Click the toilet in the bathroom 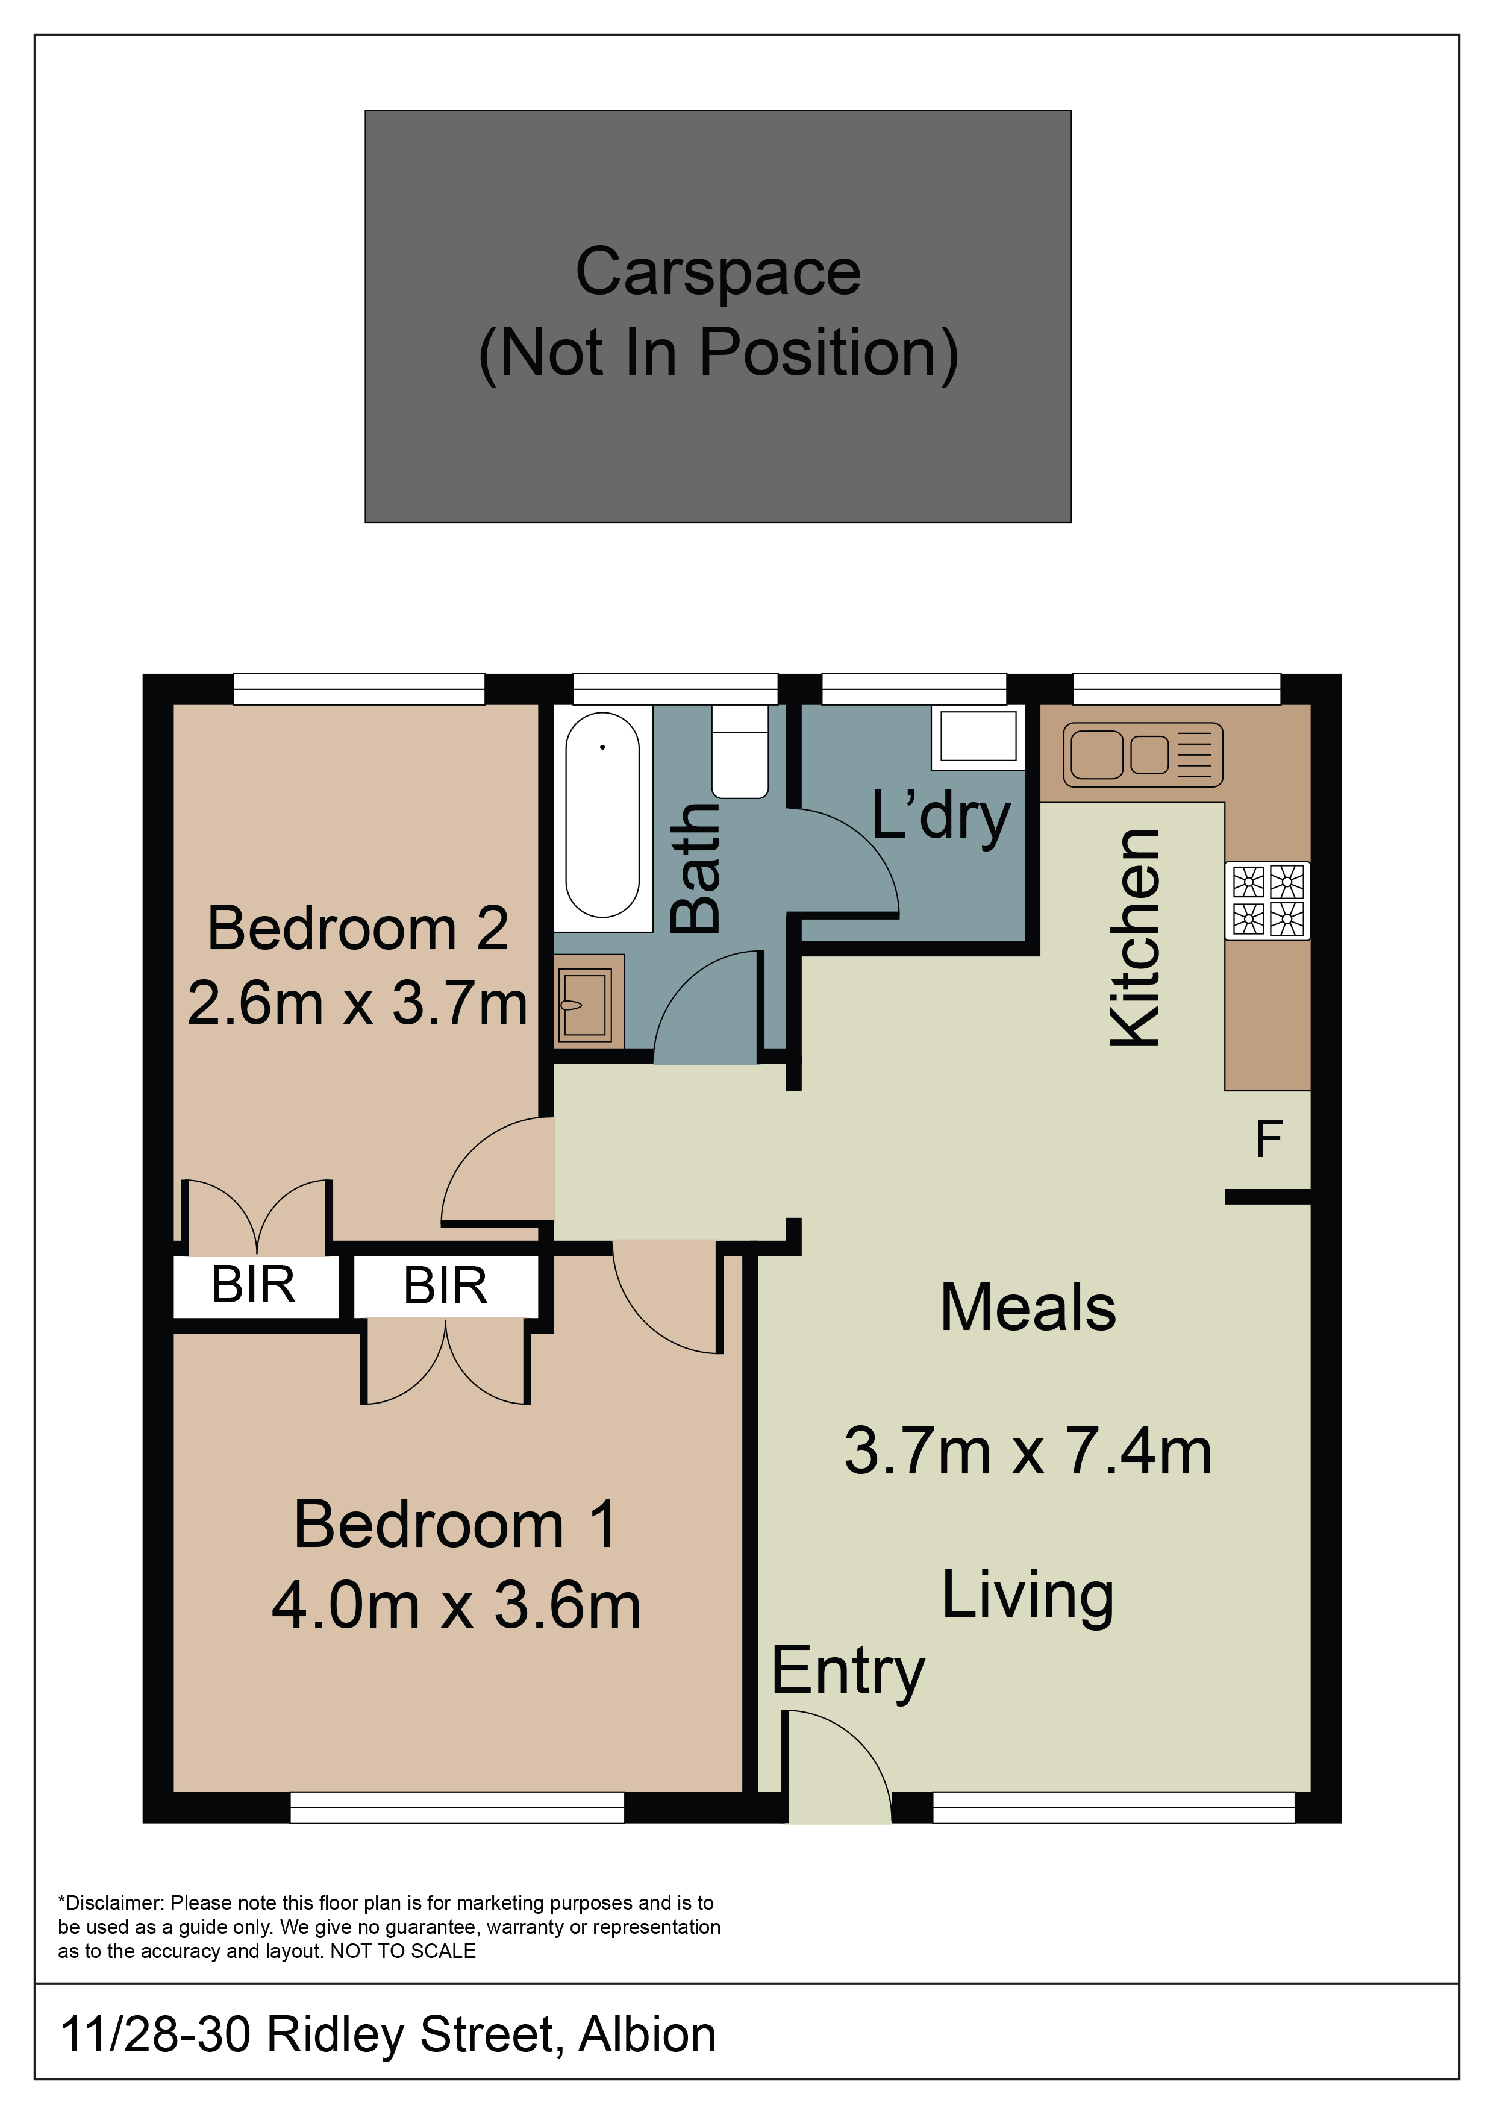click(x=740, y=751)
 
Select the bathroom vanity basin click(x=588, y=1002)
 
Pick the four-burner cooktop click(x=1267, y=900)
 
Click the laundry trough click(x=978, y=736)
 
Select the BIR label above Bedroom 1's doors click(x=446, y=1285)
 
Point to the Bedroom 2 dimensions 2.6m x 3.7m click(x=357, y=1003)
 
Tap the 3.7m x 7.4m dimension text click(x=1028, y=1451)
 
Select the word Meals click(x=1028, y=1308)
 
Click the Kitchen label click(x=1135, y=937)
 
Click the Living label click(x=1028, y=1596)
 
